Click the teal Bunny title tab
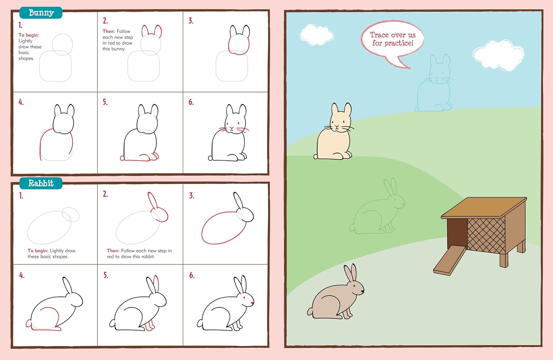point(41,13)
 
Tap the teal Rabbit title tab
point(41,183)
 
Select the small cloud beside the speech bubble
point(317,35)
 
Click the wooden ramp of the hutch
point(449,261)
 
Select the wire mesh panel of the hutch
point(486,236)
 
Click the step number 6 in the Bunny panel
point(191,102)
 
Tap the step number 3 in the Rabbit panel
point(192,196)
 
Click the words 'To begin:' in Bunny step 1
point(29,35)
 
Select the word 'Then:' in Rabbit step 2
point(113,250)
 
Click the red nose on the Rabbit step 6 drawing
point(252,303)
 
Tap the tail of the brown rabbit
point(310,312)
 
